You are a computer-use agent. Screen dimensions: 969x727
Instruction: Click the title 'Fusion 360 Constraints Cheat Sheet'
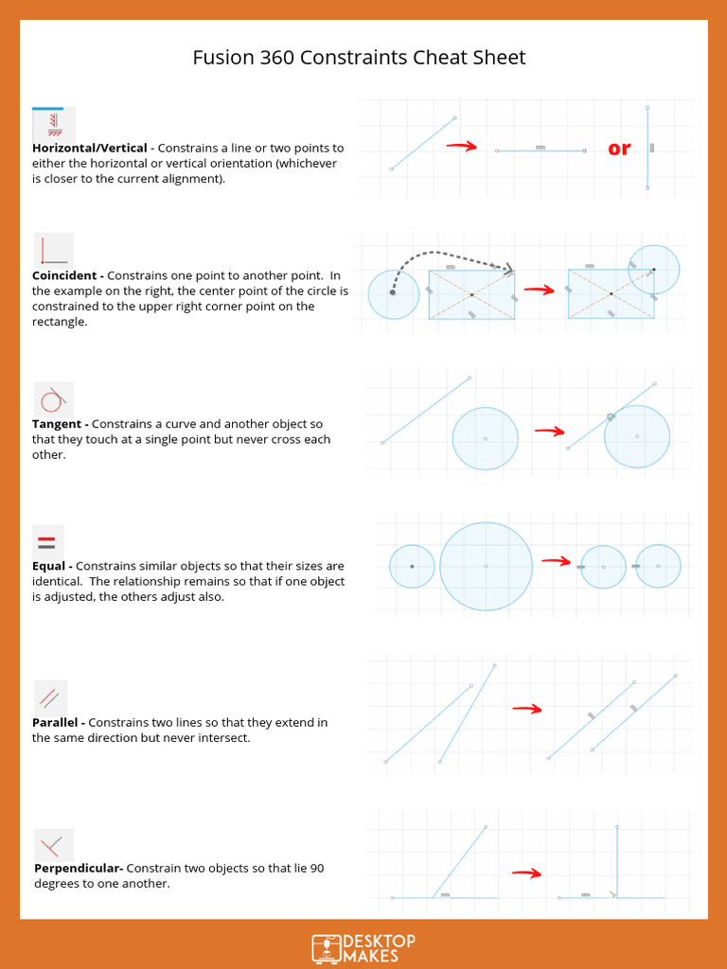(x=359, y=58)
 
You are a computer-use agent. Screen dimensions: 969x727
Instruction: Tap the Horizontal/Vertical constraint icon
(x=53, y=124)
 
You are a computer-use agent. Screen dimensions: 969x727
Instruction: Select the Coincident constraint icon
(x=53, y=250)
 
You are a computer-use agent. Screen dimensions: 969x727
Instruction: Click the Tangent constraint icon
(x=53, y=398)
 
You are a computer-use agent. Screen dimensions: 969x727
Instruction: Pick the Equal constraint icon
(x=47, y=543)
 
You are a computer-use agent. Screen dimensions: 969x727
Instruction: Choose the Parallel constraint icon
(x=50, y=698)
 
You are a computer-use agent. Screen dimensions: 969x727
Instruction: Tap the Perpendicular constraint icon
(x=53, y=845)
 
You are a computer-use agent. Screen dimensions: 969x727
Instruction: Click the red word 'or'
(x=619, y=149)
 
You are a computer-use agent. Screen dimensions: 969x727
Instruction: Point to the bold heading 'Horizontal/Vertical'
(x=90, y=149)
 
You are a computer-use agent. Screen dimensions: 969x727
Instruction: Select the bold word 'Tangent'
(x=60, y=424)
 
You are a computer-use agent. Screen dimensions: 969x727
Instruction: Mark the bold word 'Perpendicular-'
(x=79, y=868)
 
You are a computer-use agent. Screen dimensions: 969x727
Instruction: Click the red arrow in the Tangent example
(x=549, y=432)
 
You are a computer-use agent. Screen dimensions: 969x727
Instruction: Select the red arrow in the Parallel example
(x=526, y=709)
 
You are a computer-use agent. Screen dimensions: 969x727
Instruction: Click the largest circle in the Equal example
(x=486, y=566)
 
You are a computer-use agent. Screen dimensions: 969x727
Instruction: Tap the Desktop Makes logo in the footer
(x=363, y=947)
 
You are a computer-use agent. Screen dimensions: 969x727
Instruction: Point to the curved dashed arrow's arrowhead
(x=509, y=270)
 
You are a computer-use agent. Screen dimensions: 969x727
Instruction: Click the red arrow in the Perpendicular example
(x=526, y=873)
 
